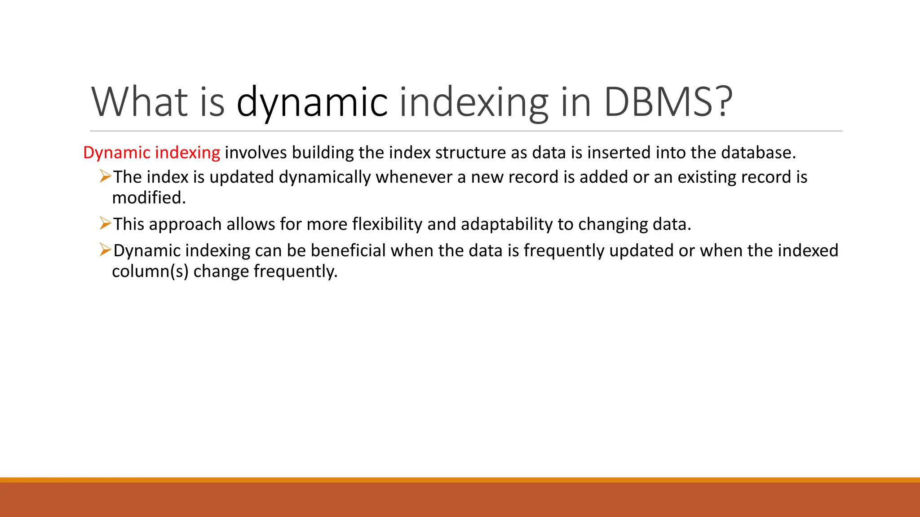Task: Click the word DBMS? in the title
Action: (x=668, y=102)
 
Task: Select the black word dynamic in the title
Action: (x=312, y=102)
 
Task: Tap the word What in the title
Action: (x=139, y=102)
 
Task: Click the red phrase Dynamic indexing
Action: (x=151, y=153)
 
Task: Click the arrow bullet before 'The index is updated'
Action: (x=105, y=176)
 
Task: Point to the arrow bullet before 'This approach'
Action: (x=105, y=223)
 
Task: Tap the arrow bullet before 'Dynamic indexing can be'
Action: (x=105, y=250)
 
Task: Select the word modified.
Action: (x=149, y=197)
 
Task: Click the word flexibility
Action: (x=387, y=224)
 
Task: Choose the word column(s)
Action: (x=150, y=271)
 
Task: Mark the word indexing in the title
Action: (x=473, y=102)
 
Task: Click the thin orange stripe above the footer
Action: (x=460, y=480)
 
